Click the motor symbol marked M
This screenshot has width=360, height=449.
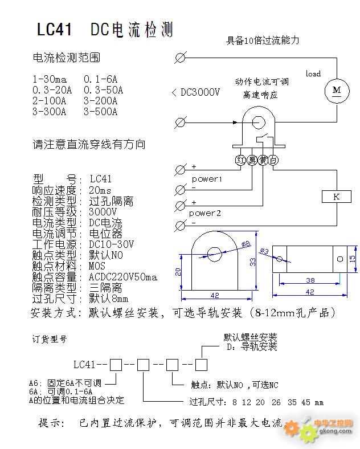coord(337,91)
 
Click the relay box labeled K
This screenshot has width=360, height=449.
coord(337,197)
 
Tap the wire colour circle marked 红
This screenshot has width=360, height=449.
coord(240,160)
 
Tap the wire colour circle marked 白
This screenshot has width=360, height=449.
coord(273,160)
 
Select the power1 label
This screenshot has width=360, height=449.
coord(207,179)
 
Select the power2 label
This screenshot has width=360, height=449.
coord(204,213)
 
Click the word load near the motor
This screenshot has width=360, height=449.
coord(313,74)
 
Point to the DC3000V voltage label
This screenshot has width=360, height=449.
coord(200,92)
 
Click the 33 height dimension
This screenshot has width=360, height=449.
coord(252,262)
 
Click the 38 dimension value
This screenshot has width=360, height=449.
coord(310,280)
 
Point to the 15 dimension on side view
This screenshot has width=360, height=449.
coord(352,259)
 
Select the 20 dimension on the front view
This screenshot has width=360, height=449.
coord(178,272)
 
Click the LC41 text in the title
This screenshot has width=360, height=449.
coord(54,29)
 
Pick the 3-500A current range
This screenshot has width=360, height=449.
coord(100,111)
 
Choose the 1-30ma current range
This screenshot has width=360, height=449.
coord(50,79)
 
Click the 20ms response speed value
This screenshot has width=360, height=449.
coord(100,190)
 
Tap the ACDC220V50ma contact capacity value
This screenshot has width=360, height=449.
coord(123,277)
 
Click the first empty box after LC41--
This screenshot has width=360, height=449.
coord(116,365)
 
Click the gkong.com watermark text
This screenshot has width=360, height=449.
coord(335,431)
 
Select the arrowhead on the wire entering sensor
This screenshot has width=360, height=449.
coord(235,123)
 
